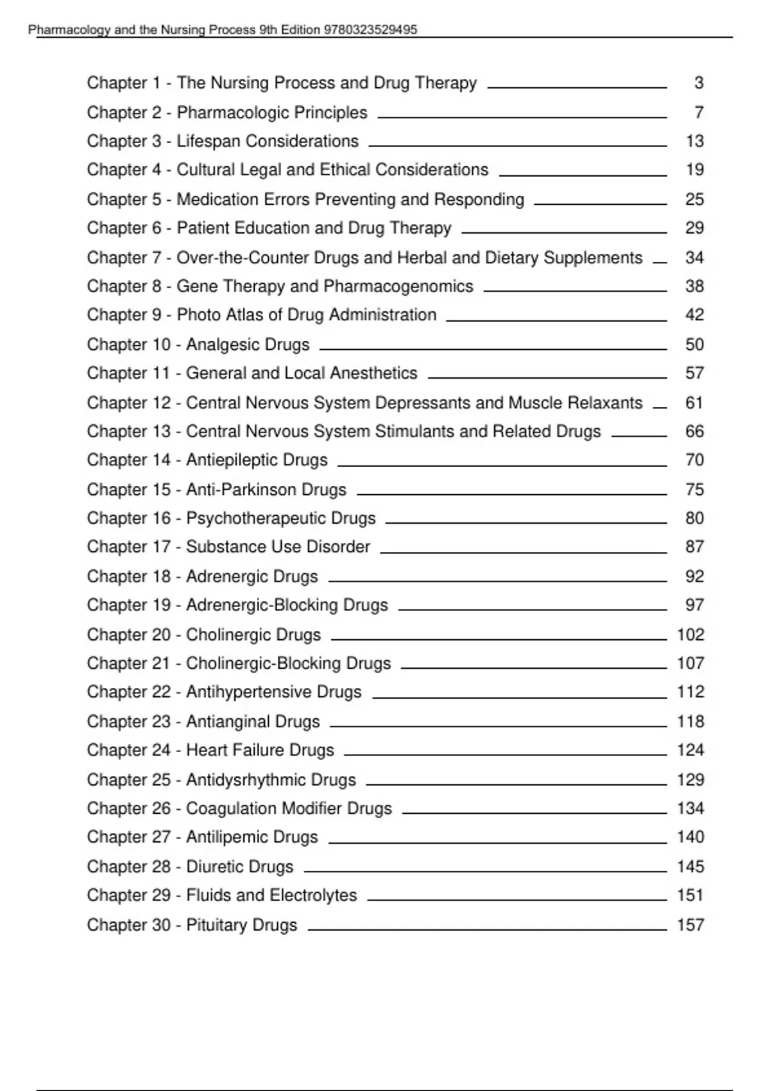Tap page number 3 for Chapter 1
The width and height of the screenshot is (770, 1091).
pyautogui.click(x=699, y=83)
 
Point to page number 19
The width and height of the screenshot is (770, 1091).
pyautogui.click(x=694, y=169)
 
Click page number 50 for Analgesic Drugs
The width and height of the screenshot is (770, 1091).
pyautogui.click(x=694, y=345)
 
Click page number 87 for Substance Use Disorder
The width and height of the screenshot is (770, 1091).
pyautogui.click(x=694, y=547)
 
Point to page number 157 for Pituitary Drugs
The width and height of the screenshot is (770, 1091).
pyautogui.click(x=690, y=925)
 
